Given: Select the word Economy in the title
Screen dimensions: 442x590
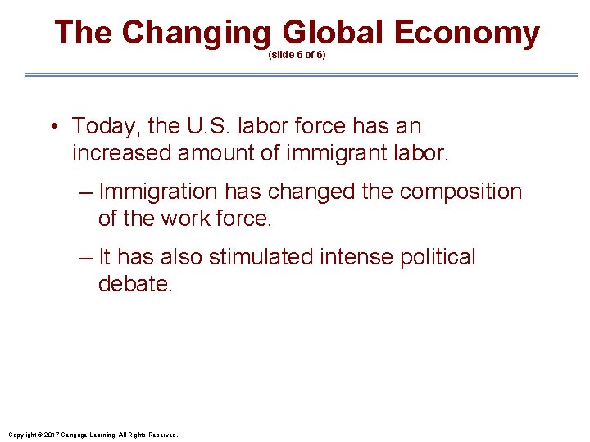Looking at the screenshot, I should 466,34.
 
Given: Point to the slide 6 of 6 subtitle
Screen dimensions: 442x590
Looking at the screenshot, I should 297,56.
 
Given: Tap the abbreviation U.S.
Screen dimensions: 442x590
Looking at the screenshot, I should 204,126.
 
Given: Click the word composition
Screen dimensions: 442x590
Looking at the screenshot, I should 461,192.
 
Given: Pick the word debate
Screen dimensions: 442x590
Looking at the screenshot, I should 135,284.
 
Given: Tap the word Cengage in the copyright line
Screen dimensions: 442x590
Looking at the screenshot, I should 72,435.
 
